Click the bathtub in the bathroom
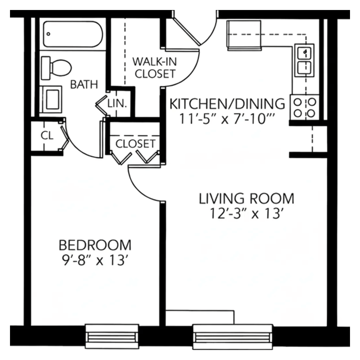click(x=73, y=34)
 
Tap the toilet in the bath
click(x=56, y=68)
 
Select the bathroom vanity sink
click(x=51, y=100)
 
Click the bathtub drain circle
click(x=48, y=34)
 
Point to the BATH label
click(x=84, y=84)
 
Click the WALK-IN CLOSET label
click(x=155, y=68)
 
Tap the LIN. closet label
click(x=117, y=103)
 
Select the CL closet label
click(x=47, y=136)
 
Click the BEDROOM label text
click(x=95, y=245)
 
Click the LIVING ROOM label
click(x=246, y=199)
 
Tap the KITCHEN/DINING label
click(x=227, y=104)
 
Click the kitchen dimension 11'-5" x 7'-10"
click(x=227, y=119)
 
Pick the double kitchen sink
click(x=304, y=60)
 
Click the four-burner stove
click(x=304, y=107)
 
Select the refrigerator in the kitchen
click(x=244, y=35)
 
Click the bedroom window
click(x=112, y=336)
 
